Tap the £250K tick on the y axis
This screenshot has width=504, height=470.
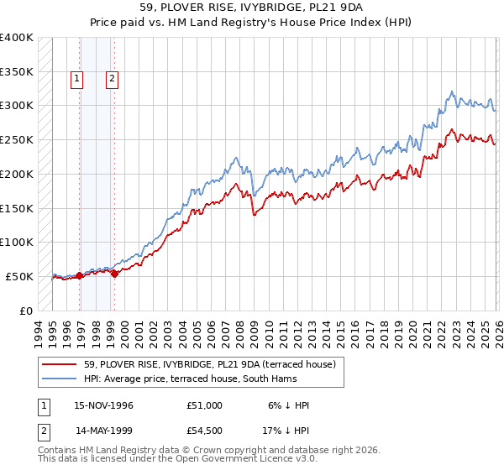(x=17, y=140)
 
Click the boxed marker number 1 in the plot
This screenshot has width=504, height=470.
(x=77, y=80)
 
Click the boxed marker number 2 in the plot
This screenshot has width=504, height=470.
(x=112, y=80)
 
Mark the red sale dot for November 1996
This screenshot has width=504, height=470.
(x=79, y=275)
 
